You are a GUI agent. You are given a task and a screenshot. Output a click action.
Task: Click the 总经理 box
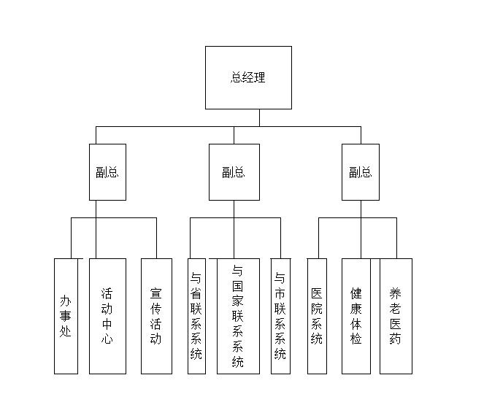tap(248, 77)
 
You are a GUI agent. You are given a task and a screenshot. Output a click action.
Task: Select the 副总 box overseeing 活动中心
tap(107, 172)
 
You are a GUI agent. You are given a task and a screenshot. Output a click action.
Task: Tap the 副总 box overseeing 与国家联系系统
tap(234, 172)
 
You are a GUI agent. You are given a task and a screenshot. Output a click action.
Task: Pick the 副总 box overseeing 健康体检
tap(361, 172)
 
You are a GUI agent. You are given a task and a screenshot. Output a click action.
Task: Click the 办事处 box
tap(66, 316)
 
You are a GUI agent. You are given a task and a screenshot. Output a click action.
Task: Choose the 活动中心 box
tap(107, 316)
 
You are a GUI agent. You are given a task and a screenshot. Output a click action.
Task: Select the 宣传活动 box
tap(156, 316)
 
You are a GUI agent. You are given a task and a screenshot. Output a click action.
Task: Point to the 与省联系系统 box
tap(196, 316)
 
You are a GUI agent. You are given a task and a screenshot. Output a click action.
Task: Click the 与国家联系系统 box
tap(238, 316)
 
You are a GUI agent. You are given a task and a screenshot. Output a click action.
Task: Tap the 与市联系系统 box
tap(280, 316)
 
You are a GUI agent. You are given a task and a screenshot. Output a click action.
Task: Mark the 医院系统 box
tap(317, 316)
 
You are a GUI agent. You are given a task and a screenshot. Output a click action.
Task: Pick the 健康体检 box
tap(356, 316)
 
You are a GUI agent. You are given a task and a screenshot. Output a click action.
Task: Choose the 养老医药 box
tap(396, 316)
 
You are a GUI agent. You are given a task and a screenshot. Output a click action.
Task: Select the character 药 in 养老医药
tap(396, 339)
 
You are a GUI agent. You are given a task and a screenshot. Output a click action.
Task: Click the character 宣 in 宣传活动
tap(156, 293)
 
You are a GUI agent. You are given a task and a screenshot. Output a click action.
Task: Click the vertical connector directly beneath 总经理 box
tap(259, 117)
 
